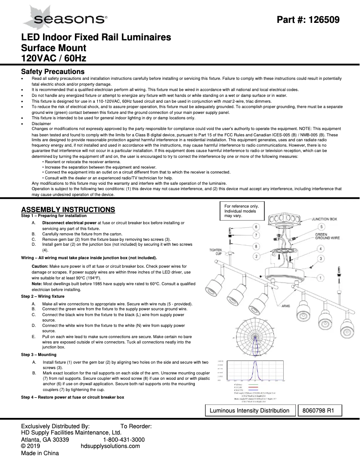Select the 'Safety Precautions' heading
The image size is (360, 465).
[53, 72]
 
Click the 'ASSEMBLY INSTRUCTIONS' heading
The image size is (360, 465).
[68, 209]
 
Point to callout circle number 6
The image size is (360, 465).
[255, 227]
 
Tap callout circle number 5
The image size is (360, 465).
[321, 227]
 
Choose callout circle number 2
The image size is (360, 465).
[255, 256]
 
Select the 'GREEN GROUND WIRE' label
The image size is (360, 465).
[327, 237]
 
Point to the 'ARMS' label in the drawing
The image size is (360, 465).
[285, 306]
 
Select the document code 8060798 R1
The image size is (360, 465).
[320, 410]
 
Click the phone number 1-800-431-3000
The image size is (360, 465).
[124, 440]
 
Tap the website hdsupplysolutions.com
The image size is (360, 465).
[110, 446]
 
